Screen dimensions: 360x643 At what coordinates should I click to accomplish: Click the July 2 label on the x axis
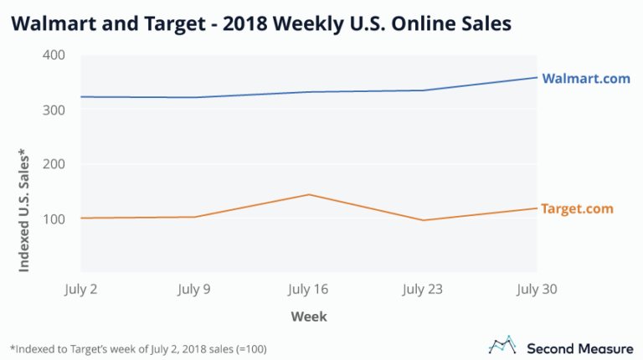(x=81, y=290)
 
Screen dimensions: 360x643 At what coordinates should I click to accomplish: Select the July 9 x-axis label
(x=196, y=290)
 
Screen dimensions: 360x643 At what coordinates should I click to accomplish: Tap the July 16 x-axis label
(x=309, y=290)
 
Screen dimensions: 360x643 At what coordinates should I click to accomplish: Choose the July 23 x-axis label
(x=423, y=290)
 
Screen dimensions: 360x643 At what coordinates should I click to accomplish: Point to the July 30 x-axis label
(x=537, y=290)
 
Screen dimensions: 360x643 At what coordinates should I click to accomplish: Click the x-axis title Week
(x=309, y=316)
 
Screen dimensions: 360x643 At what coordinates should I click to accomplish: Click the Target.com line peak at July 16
(x=309, y=194)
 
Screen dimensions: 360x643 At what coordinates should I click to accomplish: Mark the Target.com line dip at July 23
(x=423, y=220)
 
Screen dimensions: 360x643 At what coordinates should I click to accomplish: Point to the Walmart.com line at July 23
(x=423, y=90)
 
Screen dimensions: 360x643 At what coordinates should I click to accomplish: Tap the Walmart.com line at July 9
(x=196, y=97)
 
